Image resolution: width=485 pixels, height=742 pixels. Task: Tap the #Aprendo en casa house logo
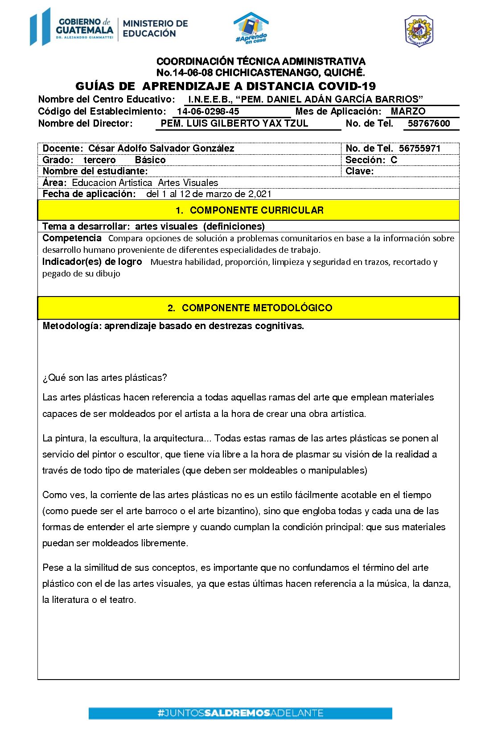(x=251, y=28)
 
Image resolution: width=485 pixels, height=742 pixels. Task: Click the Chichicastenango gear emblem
(x=419, y=31)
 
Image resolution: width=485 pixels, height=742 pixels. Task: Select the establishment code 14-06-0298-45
(x=208, y=111)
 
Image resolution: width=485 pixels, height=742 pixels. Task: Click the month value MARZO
(x=408, y=111)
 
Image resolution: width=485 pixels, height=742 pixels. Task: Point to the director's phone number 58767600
(x=428, y=124)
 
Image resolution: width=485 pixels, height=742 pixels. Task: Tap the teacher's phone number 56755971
(x=419, y=148)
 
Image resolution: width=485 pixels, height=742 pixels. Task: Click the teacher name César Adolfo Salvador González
(x=161, y=148)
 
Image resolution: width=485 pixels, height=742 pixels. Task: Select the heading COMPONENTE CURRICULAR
(x=256, y=210)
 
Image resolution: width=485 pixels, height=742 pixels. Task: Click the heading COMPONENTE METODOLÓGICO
(x=257, y=308)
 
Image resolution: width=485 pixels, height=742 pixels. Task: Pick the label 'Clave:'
(x=359, y=171)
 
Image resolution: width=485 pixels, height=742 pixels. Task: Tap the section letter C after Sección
(x=394, y=160)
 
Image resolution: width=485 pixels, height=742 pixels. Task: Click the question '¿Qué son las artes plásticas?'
(x=105, y=378)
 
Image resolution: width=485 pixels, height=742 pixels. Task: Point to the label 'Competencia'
(x=72, y=238)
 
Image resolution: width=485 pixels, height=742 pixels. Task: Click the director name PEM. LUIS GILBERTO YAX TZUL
(x=234, y=124)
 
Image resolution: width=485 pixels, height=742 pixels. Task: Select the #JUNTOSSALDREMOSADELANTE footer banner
(x=240, y=713)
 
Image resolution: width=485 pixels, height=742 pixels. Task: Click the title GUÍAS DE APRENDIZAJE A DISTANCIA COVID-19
(x=226, y=86)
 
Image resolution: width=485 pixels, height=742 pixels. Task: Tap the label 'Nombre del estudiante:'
(x=95, y=171)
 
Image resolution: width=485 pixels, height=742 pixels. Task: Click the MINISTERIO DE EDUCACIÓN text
(x=155, y=28)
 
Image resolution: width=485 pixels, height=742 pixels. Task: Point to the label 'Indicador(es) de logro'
(x=92, y=262)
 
